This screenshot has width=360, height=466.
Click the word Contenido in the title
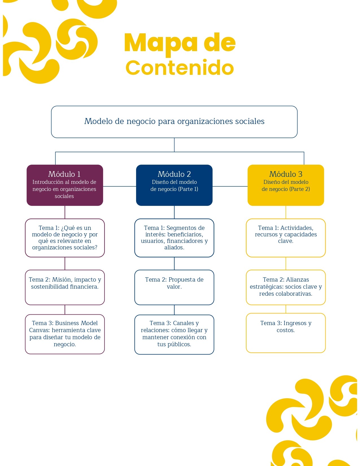(x=180, y=68)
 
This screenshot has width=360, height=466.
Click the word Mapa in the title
(x=160, y=43)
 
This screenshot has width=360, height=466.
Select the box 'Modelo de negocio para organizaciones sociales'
(x=174, y=122)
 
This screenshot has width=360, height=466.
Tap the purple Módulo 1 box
(x=65, y=185)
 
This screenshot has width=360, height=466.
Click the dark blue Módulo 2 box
(x=174, y=185)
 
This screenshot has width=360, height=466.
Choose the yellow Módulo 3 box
(x=286, y=185)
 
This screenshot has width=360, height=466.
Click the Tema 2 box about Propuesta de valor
(x=174, y=287)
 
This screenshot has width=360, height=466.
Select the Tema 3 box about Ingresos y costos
(x=286, y=333)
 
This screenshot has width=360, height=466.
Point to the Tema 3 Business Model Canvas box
(x=65, y=334)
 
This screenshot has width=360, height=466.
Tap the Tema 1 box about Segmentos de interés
(x=174, y=238)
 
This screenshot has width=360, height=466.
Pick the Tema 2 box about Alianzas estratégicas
(x=286, y=287)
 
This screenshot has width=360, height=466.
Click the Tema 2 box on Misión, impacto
(x=65, y=287)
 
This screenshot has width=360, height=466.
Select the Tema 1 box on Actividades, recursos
(x=286, y=238)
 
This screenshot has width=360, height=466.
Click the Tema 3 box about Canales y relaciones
(x=174, y=334)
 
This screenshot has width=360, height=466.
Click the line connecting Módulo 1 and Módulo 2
(x=119, y=186)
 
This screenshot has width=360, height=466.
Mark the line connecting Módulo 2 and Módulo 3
(x=230, y=186)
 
